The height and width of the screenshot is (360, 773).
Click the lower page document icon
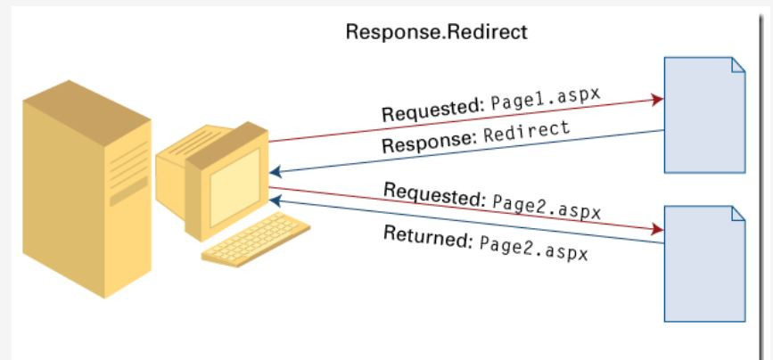(x=704, y=263)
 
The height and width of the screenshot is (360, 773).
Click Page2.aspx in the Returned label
(x=532, y=248)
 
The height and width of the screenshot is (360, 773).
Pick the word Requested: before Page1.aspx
(x=432, y=110)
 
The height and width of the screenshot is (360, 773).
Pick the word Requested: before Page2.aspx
(x=433, y=193)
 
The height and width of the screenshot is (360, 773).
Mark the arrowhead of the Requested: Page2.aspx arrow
(x=658, y=228)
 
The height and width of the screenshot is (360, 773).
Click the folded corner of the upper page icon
(x=737, y=65)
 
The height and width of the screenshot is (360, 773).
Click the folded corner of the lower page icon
(x=737, y=214)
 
